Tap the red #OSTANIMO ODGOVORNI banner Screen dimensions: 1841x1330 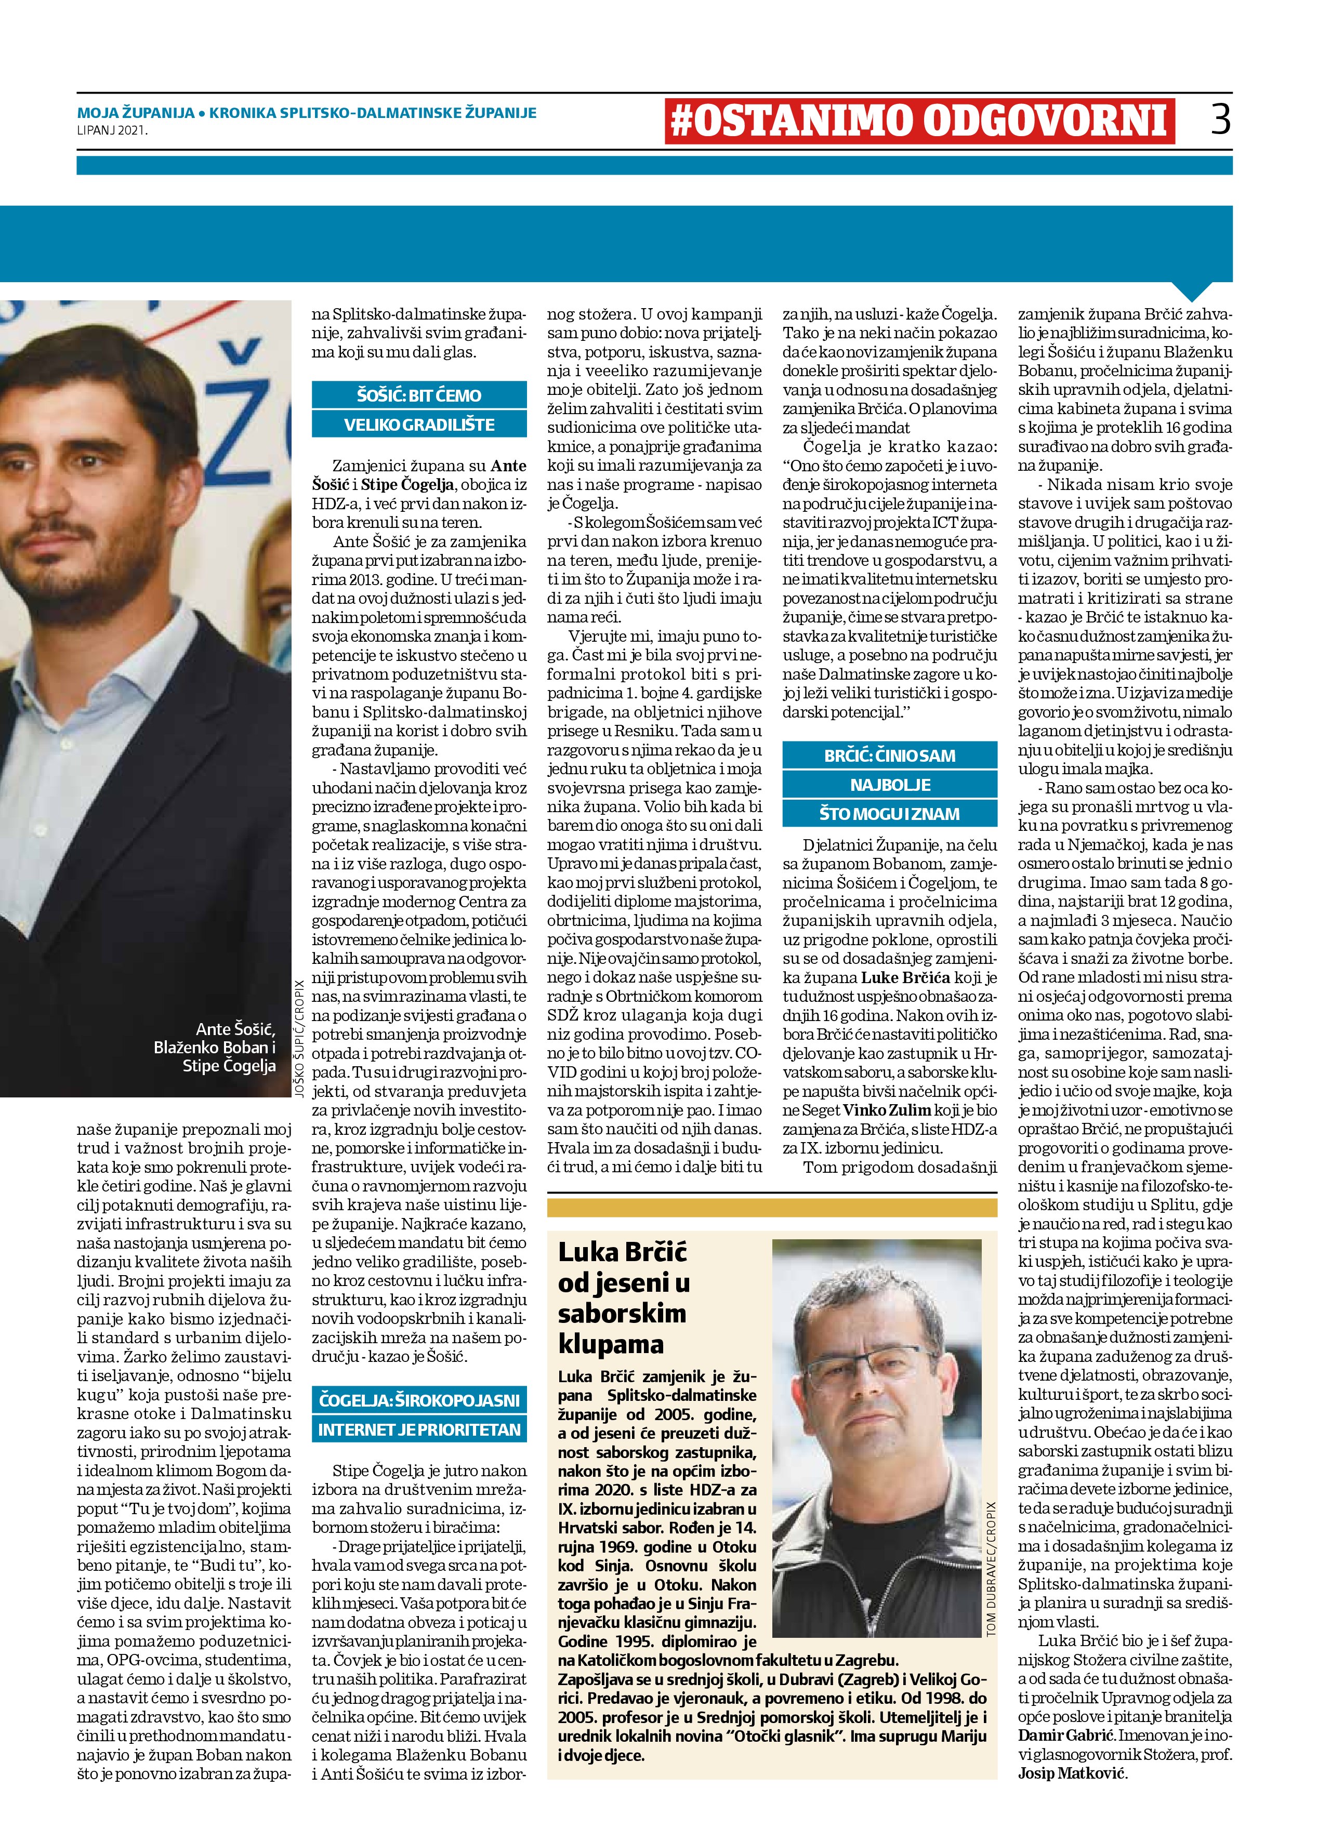click(918, 120)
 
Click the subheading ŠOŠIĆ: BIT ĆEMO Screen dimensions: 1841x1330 click(419, 395)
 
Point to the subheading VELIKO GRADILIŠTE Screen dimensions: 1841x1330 click(419, 425)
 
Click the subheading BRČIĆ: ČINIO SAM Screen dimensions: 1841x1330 click(889, 756)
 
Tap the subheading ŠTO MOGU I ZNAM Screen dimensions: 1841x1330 click(889, 813)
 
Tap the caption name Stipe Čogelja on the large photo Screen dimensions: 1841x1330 click(229, 1066)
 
